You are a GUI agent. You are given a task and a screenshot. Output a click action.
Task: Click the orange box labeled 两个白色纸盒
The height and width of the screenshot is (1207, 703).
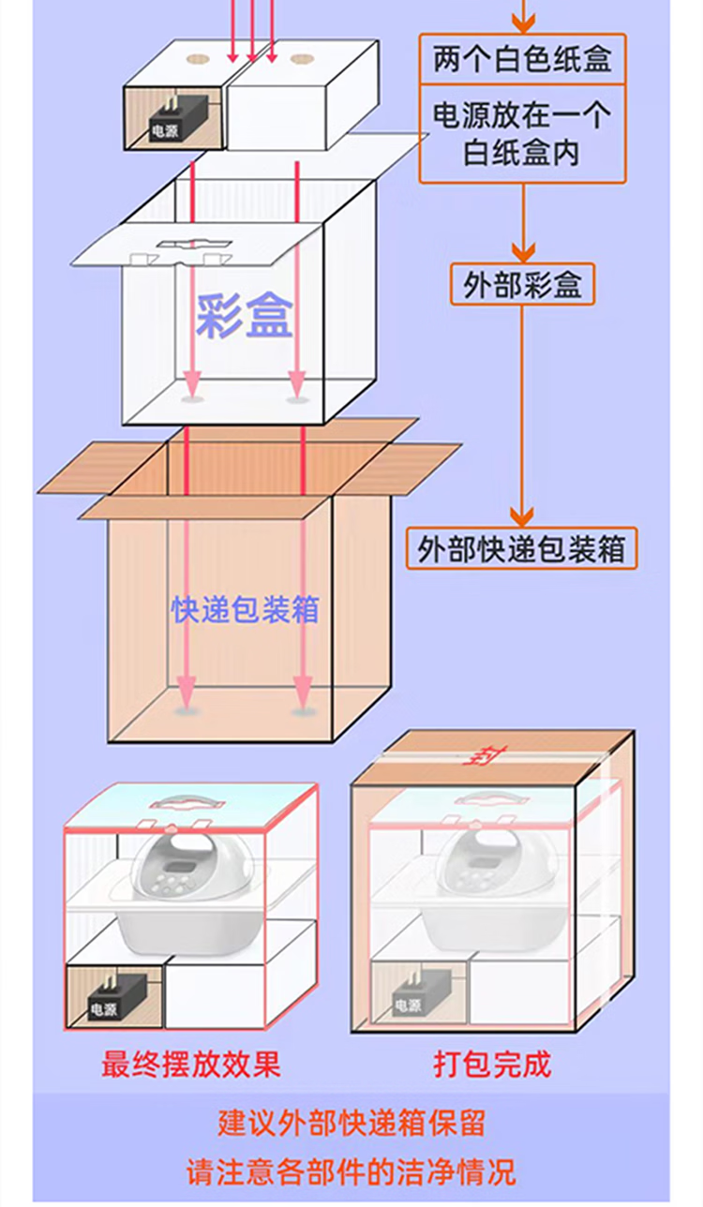point(522,60)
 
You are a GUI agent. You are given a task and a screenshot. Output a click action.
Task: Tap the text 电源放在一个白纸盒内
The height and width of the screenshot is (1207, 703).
point(522,133)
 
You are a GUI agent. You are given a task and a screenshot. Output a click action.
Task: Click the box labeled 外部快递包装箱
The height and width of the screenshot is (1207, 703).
point(521,549)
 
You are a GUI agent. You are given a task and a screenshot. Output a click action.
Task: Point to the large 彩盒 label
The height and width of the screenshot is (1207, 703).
point(245,316)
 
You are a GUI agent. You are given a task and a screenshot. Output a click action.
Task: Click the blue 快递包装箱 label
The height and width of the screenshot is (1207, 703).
point(246,609)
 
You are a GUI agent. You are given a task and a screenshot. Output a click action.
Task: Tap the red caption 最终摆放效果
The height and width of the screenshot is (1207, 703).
point(191,1065)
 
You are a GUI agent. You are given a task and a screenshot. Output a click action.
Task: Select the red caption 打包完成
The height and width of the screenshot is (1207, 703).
point(492,1065)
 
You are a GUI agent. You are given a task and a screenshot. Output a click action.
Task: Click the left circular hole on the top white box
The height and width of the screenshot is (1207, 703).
point(198,59)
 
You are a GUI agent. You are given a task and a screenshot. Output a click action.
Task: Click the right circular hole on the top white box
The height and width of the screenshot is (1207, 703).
point(301,59)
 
